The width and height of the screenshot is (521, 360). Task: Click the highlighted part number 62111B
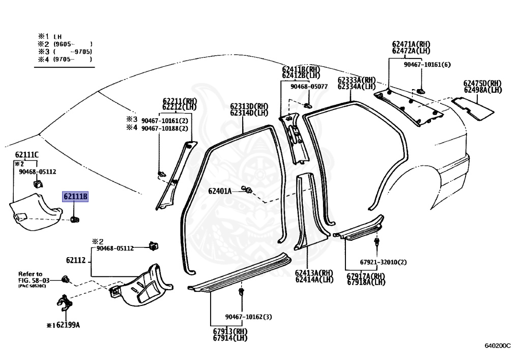point(75,197)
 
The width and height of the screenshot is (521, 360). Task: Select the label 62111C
point(27,154)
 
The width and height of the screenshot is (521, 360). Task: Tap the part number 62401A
point(220,191)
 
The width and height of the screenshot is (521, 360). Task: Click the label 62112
point(75,260)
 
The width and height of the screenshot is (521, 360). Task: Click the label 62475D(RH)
point(482,83)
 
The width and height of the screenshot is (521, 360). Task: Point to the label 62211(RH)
point(180,100)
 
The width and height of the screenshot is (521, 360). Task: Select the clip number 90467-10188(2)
point(164,128)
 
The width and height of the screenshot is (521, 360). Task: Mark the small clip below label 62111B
point(75,219)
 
